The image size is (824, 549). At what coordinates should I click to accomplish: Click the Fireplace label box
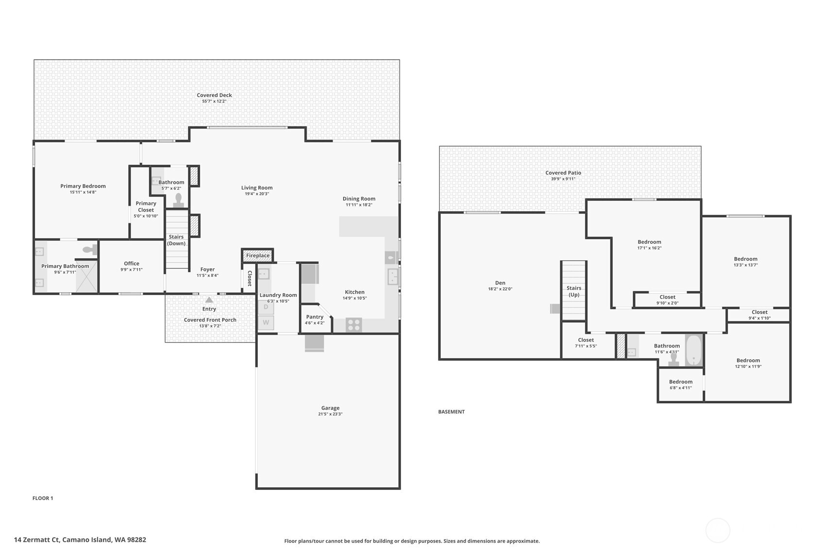[257, 255]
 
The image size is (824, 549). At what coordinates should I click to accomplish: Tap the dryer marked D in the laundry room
[266, 307]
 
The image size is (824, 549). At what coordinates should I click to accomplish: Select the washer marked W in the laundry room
[266, 322]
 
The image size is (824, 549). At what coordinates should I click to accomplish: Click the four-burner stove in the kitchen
[353, 325]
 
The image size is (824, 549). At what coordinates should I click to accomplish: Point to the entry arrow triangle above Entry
[209, 300]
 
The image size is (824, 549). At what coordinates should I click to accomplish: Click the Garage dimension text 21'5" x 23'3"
[330, 414]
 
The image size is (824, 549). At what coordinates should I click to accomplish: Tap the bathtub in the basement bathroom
[694, 350]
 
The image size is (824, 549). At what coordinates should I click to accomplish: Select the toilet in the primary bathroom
[89, 250]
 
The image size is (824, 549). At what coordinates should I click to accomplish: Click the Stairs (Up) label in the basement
[574, 291]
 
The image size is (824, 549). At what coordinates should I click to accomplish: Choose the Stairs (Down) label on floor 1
[176, 240]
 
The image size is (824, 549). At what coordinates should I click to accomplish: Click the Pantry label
[315, 317]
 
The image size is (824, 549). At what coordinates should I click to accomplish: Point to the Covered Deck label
[214, 95]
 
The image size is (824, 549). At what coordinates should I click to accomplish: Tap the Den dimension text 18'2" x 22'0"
[500, 289]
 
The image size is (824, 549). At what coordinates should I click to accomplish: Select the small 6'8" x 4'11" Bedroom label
[681, 382]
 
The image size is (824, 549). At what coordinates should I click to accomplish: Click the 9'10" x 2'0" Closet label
[667, 297]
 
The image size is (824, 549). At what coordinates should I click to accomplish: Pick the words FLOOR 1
[43, 498]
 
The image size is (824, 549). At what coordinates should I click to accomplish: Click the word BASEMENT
[451, 412]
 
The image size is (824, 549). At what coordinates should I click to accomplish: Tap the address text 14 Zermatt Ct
[37, 539]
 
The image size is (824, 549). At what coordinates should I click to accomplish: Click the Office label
[131, 264]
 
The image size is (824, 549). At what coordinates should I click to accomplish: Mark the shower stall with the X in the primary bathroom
[86, 276]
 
